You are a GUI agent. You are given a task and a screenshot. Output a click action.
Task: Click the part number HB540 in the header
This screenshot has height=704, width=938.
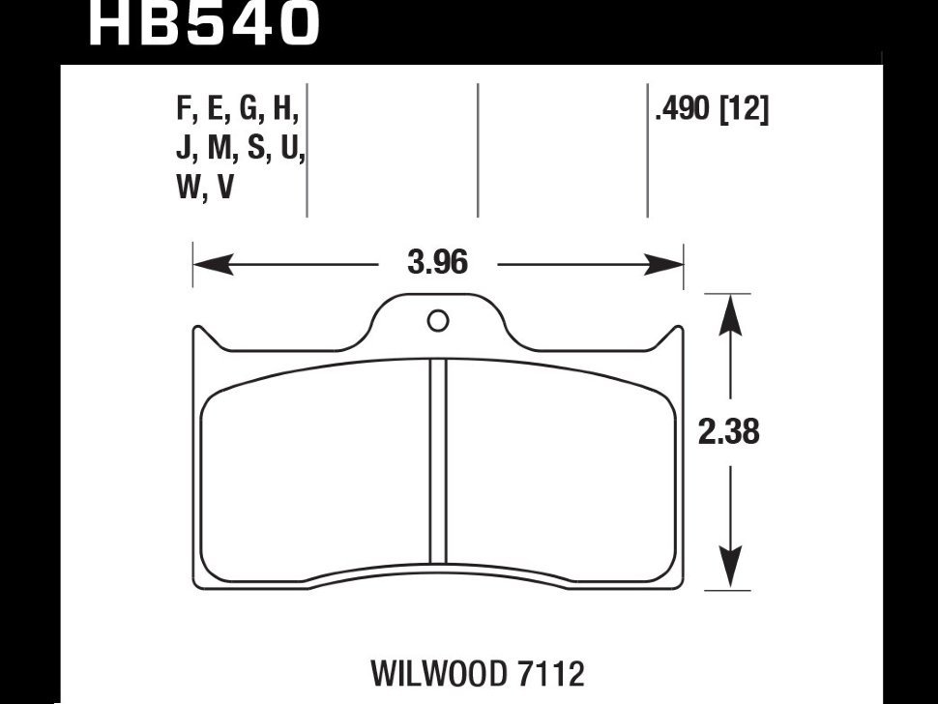pyautogui.click(x=203, y=23)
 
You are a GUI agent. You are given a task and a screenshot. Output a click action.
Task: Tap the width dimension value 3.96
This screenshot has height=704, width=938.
pyautogui.click(x=437, y=262)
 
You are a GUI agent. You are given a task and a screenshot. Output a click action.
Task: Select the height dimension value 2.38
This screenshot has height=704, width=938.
pyautogui.click(x=729, y=431)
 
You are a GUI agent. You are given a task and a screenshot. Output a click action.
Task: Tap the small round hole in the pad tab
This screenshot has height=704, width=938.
pyautogui.click(x=438, y=321)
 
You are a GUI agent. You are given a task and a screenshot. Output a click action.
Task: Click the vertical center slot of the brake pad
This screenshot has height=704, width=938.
pyautogui.click(x=438, y=459)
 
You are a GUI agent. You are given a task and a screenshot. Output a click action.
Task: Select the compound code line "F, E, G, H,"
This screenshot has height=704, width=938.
pyautogui.click(x=238, y=111)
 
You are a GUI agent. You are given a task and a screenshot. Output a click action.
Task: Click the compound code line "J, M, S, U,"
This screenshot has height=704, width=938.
pyautogui.click(x=241, y=150)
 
